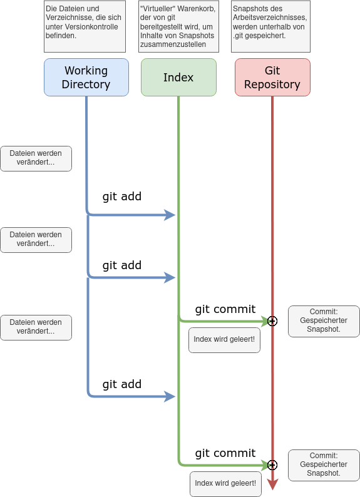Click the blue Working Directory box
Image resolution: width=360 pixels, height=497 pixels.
[86, 78]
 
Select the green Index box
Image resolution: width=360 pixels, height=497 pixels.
[178, 78]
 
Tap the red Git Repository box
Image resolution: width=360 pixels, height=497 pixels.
[272, 78]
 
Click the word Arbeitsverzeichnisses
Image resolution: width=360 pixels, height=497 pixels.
[270, 18]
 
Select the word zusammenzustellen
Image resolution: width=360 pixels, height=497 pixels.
[173, 44]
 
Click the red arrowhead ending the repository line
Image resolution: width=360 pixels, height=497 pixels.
[272, 484]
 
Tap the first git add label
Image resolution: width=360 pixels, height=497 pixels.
[121, 197]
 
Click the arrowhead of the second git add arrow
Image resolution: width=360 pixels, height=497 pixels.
[170, 278]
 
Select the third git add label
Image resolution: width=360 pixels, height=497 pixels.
[121, 384]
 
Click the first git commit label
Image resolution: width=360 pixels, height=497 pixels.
[225, 309]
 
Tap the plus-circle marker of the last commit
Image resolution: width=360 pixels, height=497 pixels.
[272, 465]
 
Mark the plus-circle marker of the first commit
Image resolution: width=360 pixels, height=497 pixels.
[272, 321]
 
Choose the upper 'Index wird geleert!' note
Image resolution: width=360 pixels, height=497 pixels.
[224, 340]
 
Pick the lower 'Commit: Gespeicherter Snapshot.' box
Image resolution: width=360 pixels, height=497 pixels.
[324, 465]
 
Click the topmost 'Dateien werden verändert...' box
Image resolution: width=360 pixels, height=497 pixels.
[36, 158]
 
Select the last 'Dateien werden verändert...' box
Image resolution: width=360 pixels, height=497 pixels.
[36, 327]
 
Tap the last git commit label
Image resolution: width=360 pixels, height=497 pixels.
[225, 453]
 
